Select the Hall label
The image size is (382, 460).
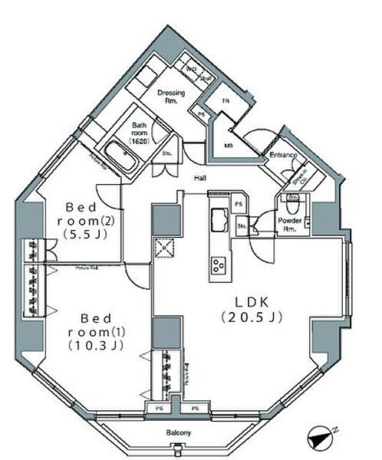(199, 179)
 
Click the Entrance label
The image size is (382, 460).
(282, 156)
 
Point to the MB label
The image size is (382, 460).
(229, 146)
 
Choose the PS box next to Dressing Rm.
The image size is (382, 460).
(202, 114)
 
